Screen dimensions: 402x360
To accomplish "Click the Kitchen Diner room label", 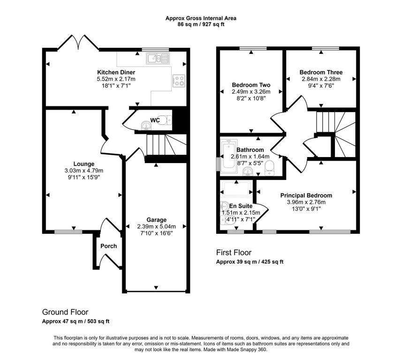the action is (x=116, y=72).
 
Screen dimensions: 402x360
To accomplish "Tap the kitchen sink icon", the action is (x=158, y=59).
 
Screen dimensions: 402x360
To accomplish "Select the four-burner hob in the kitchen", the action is (x=179, y=81).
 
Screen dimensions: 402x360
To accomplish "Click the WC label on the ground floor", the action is (x=155, y=120).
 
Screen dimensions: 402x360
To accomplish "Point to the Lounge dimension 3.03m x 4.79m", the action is (x=84, y=171).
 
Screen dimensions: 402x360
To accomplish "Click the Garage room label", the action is (x=156, y=220).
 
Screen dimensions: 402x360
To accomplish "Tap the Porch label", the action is (x=108, y=246).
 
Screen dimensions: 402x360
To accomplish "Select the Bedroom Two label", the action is (x=251, y=85).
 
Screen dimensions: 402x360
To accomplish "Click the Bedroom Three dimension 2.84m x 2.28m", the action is (x=321, y=79).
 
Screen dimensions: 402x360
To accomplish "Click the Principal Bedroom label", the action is (x=306, y=195).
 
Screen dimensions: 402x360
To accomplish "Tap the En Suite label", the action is (x=241, y=206).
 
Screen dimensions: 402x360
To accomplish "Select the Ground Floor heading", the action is (x=65, y=312).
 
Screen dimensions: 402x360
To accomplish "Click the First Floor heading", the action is (x=234, y=253).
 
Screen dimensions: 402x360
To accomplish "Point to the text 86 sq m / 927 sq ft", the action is (x=201, y=24).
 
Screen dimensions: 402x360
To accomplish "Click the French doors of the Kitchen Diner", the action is (x=78, y=43).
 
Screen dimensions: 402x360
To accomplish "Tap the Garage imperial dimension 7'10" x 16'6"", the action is (x=156, y=233).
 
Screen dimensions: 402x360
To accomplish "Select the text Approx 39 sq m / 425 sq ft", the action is (x=250, y=262).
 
